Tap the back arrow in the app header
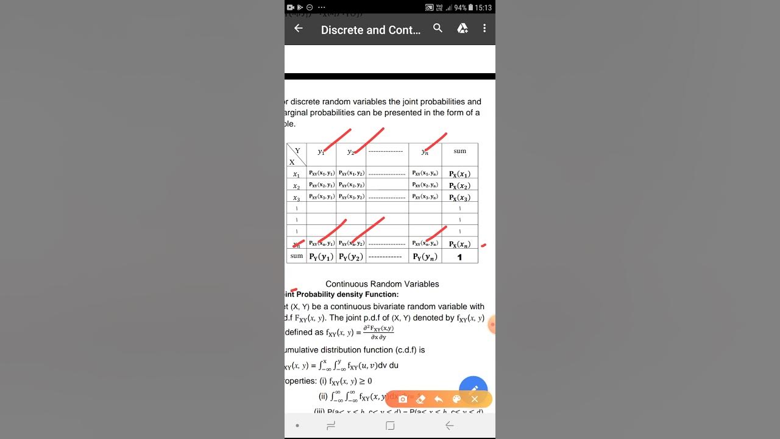pos(298,29)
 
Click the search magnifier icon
pos(438,29)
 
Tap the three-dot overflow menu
pos(484,29)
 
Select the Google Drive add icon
pos(463,29)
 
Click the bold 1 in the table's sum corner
pos(459,257)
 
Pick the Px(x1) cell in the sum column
pos(459,174)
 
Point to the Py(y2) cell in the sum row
pos(351,257)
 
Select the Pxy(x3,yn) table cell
pos(425,197)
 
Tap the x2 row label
pos(296,186)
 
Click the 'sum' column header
pos(459,151)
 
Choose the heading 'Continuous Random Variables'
pos(382,284)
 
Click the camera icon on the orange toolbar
pos(403,399)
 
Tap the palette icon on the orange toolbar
pos(456,399)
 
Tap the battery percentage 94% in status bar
pos(460,8)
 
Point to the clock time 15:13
pos(483,8)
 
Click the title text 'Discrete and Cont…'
pos(370,30)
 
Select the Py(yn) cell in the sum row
pos(425,257)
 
